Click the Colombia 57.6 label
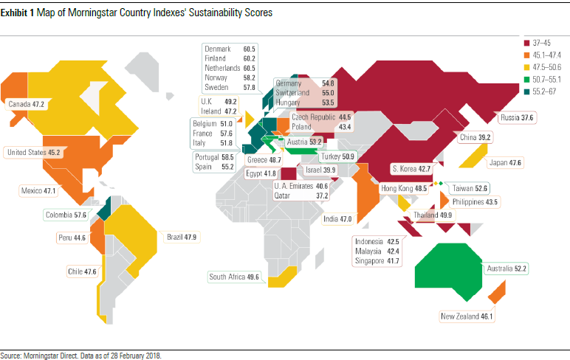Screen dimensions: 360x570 click(x=66, y=215)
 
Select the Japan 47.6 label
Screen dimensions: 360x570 click(x=505, y=162)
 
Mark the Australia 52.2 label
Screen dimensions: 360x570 click(x=506, y=270)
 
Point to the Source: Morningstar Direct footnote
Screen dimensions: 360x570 click(x=81, y=355)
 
